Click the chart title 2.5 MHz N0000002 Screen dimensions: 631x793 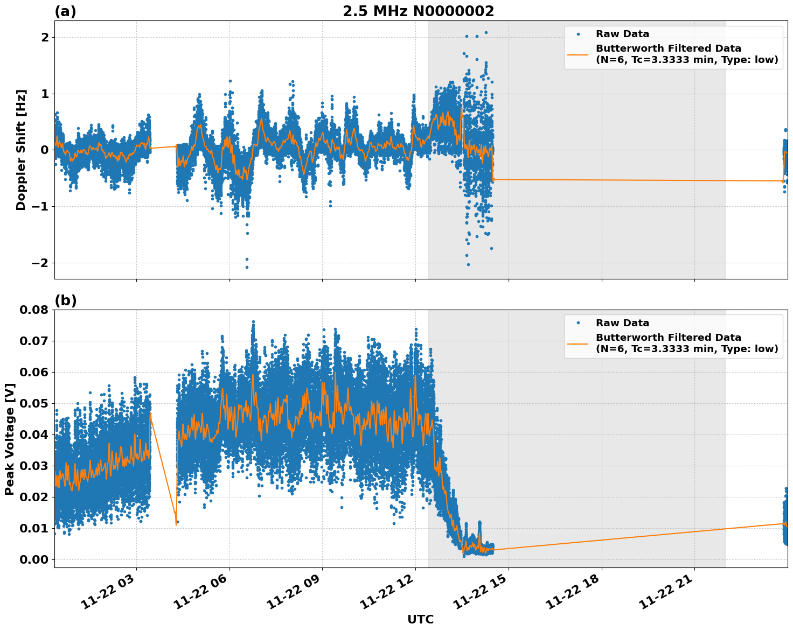pos(418,11)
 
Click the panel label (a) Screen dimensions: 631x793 pos(65,11)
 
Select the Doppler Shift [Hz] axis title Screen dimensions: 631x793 pos(21,150)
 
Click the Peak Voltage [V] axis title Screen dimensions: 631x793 pos(9,439)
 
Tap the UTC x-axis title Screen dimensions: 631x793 pos(420,619)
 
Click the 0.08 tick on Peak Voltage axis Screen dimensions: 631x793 pos(34,310)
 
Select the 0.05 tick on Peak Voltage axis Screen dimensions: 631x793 pos(34,403)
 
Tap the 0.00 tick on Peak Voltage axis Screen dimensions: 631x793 pos(34,559)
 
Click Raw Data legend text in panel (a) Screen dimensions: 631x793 pos(622,34)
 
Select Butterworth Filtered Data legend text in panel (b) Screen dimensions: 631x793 pos(668,338)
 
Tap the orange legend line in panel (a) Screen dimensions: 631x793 pos(578,54)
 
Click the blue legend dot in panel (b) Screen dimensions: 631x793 pos(578,323)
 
